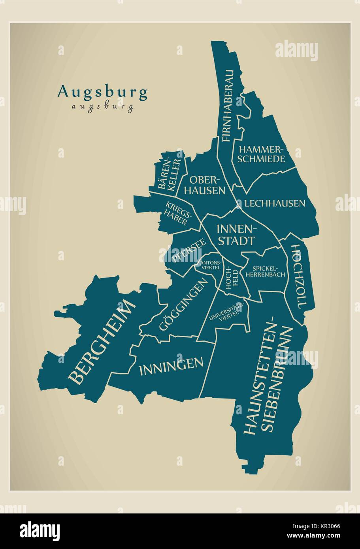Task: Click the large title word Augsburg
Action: click(103, 92)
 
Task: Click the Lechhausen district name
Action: click(275, 203)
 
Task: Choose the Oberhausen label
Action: click(207, 185)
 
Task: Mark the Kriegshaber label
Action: click(178, 214)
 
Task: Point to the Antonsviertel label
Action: click(211, 265)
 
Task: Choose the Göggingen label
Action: click(183, 303)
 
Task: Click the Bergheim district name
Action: click(102, 342)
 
